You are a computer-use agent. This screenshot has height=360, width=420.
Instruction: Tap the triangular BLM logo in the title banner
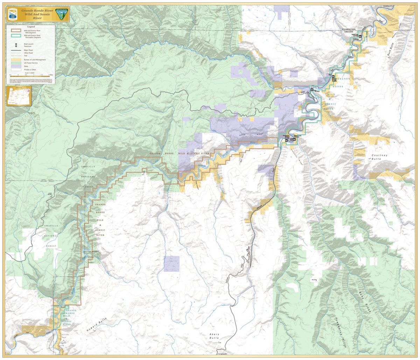(62, 14)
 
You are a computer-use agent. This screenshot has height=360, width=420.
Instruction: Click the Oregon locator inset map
(19, 96)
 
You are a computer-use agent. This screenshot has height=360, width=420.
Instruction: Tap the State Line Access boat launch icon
(360, 36)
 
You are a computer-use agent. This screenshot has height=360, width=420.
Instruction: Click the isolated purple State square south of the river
(171, 263)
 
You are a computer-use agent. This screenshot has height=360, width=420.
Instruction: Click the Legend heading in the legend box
(31, 26)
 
